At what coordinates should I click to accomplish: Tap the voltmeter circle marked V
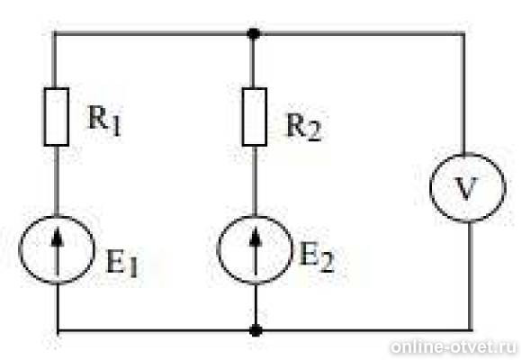point(431,187)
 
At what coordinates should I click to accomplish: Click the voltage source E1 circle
point(20,250)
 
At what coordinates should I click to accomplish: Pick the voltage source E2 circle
point(218,250)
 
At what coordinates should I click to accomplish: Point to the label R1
point(104,121)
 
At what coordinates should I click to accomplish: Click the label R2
point(304,128)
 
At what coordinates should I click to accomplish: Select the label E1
point(121,264)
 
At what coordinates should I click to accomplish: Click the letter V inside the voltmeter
point(467,188)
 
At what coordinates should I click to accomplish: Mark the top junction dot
point(254,33)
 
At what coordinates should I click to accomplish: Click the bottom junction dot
point(256,330)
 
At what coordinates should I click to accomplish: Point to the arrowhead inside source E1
point(58,238)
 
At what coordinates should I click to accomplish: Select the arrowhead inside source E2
point(256,238)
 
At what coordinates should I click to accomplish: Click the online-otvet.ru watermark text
point(454,347)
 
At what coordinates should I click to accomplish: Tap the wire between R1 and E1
point(57,181)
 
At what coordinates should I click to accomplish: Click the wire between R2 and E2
point(255,181)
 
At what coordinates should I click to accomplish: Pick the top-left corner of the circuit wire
point(54,33)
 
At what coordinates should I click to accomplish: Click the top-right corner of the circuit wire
point(463,33)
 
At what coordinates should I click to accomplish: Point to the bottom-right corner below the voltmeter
point(471,330)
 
